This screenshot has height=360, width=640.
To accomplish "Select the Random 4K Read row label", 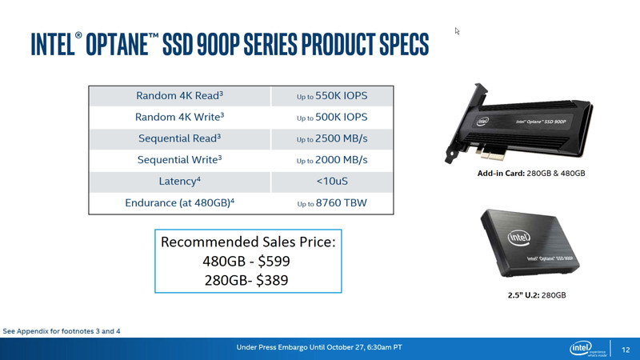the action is [x=179, y=96].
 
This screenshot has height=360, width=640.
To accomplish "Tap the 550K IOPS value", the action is [x=342, y=96].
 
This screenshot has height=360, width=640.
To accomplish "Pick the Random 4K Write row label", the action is [x=179, y=117].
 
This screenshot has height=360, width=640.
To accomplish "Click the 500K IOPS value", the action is [x=342, y=117].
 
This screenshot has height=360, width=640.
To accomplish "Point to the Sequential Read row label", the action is [x=179, y=138].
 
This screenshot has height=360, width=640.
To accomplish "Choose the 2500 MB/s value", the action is [x=342, y=138].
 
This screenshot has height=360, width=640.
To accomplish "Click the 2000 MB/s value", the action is [x=342, y=160].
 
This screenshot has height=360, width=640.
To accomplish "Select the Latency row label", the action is [x=179, y=182].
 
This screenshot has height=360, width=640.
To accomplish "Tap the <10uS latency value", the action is [x=332, y=182].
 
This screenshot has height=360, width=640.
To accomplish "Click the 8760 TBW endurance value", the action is [x=342, y=203].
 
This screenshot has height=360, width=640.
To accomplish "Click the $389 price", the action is [x=272, y=281].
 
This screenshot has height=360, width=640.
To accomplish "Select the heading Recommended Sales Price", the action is [x=248, y=242].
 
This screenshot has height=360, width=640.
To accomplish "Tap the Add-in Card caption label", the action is [x=502, y=173].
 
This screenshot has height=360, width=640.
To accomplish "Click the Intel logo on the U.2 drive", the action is [x=518, y=238].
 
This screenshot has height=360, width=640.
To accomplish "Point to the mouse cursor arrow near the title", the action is [x=457, y=31].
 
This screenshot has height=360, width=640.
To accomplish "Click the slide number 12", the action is [x=626, y=350].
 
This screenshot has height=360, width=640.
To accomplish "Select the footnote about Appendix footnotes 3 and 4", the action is [x=62, y=331].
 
